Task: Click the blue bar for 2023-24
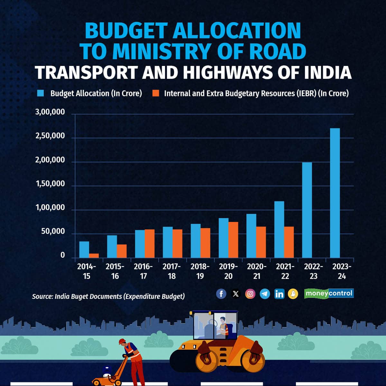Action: (335, 193)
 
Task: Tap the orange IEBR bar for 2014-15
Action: (94, 255)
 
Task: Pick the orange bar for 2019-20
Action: (233, 240)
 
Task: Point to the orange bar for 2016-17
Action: (150, 243)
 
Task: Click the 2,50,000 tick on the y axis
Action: (50, 136)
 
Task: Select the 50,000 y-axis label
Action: (53, 232)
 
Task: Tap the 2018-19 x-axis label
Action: (200, 271)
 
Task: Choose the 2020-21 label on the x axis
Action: (256, 271)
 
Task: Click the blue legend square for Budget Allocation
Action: (41, 93)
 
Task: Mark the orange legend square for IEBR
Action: (156, 93)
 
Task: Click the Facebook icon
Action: (221, 294)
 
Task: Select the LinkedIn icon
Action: (279, 294)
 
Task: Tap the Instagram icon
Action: (250, 294)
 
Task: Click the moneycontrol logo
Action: (329, 293)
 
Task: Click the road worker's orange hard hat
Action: (122, 341)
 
